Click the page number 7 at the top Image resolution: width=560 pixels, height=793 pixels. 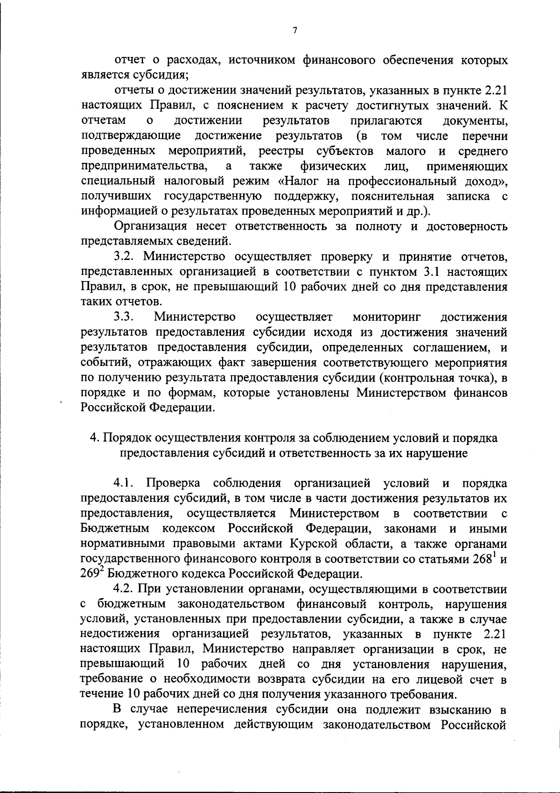coord(294,31)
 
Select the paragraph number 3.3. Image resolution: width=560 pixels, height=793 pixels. coord(124,317)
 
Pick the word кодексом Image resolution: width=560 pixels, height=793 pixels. coord(189,529)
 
